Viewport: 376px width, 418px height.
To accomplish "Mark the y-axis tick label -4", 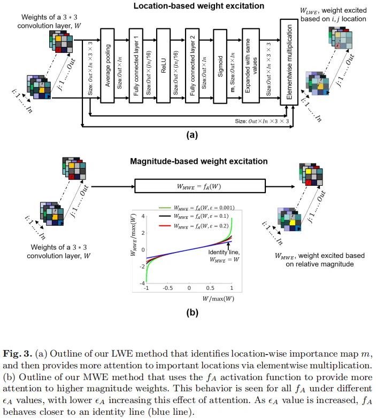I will click(141, 282).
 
